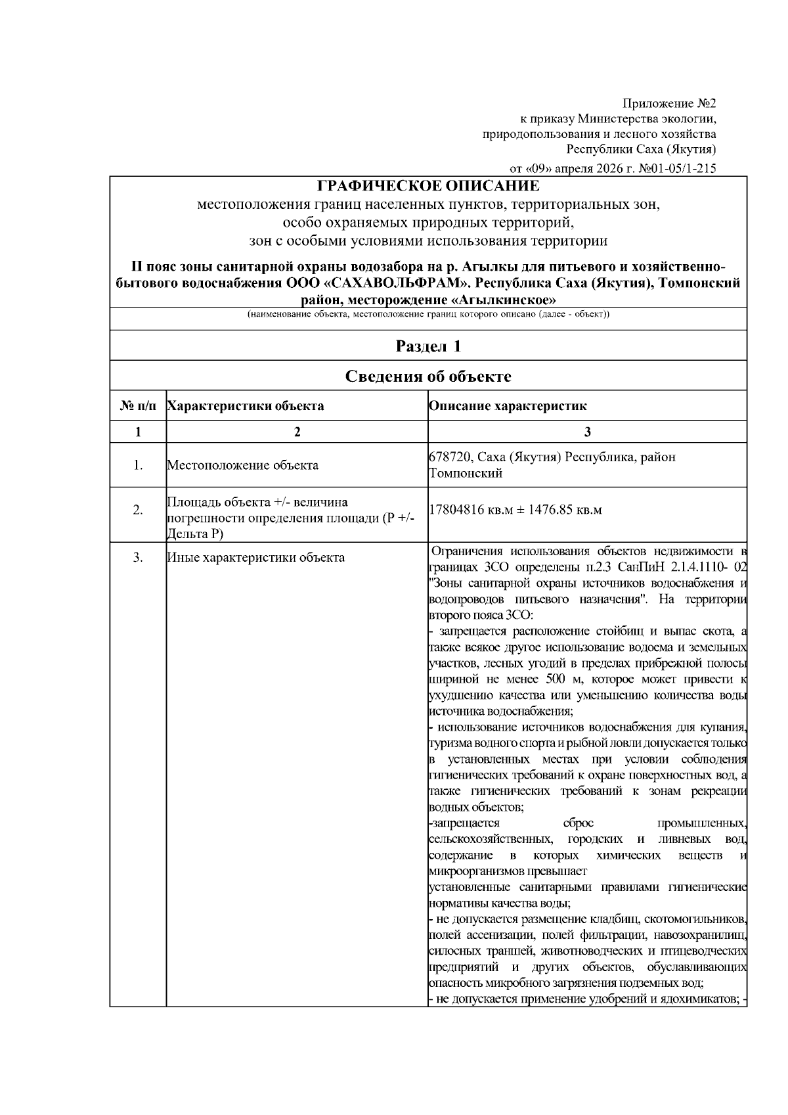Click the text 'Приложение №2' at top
(x=668, y=104)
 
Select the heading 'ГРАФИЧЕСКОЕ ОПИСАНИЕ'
(x=428, y=186)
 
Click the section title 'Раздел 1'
(x=428, y=346)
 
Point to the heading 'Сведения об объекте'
(x=428, y=376)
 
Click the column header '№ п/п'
(x=138, y=406)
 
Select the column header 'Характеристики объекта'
(x=245, y=406)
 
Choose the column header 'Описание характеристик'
(x=508, y=406)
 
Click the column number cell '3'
(x=587, y=432)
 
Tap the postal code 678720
(x=449, y=457)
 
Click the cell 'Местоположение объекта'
(x=242, y=465)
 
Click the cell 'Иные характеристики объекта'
(x=255, y=558)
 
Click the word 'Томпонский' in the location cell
(x=465, y=473)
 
